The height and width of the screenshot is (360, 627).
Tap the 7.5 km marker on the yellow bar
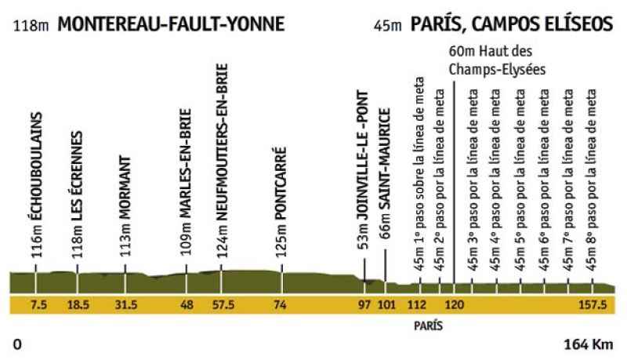click(36, 305)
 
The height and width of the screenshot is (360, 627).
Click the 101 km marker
click(385, 305)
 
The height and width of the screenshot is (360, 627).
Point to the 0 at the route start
click(17, 344)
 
